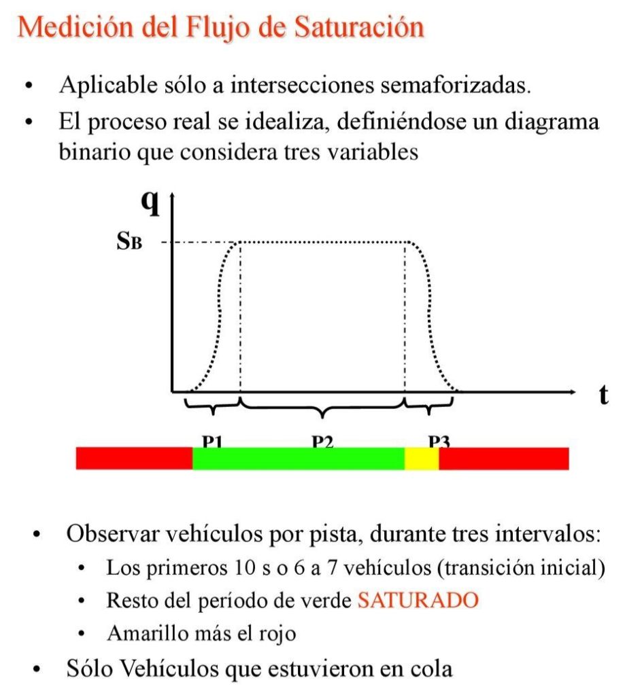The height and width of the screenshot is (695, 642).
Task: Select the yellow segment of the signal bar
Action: coord(422,459)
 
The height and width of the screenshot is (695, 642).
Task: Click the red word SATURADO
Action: coord(417,600)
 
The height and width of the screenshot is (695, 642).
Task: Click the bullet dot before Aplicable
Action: coord(29,86)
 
